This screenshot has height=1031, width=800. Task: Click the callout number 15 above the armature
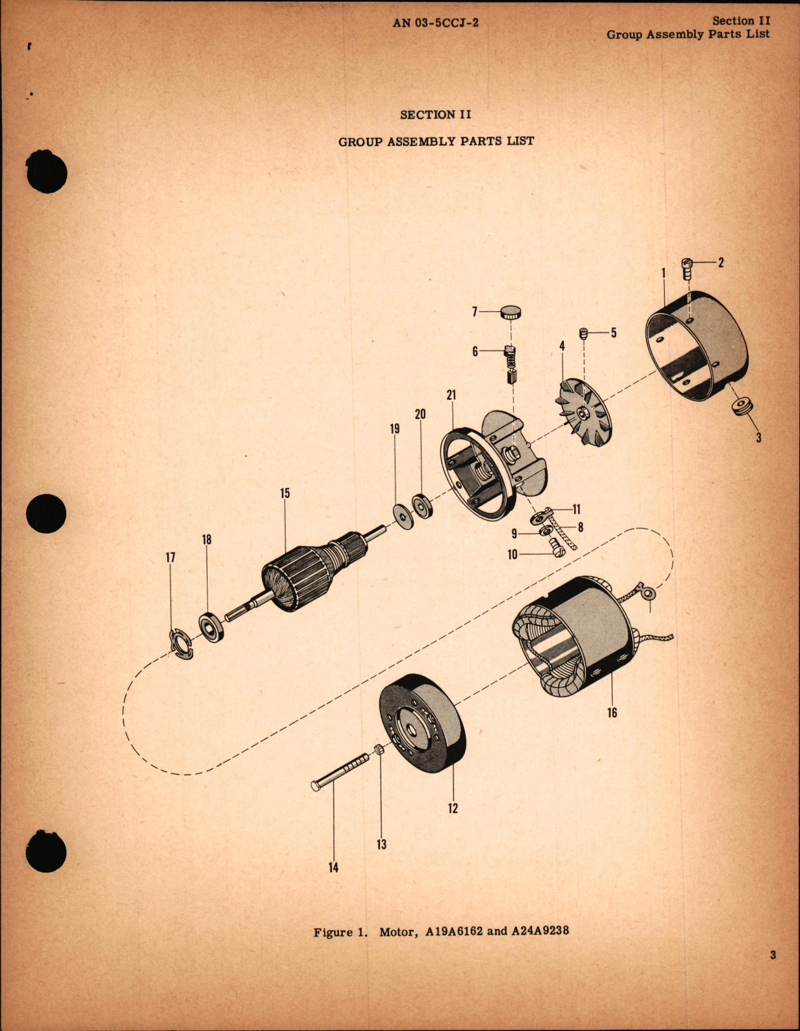[x=285, y=493]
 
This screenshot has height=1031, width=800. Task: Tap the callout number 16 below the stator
[x=612, y=713]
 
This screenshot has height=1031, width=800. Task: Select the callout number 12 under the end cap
[x=453, y=808]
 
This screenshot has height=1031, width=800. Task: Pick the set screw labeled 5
[x=583, y=333]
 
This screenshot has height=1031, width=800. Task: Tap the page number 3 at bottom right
[x=773, y=956]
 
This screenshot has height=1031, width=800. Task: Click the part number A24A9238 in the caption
[x=539, y=931]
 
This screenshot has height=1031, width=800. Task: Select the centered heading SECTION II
[x=435, y=115]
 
